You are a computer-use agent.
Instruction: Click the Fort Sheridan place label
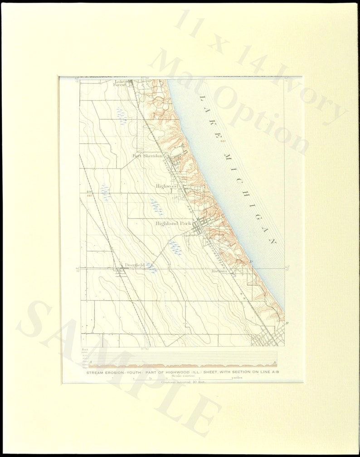point(147,156)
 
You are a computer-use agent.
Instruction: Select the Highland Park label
point(173,224)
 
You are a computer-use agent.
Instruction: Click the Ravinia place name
point(219,271)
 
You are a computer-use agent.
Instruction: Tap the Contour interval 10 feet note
point(183,382)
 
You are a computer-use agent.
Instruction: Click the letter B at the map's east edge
point(287,323)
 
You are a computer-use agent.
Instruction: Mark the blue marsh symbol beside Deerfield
point(151,267)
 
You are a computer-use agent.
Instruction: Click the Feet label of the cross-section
point(84,350)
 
